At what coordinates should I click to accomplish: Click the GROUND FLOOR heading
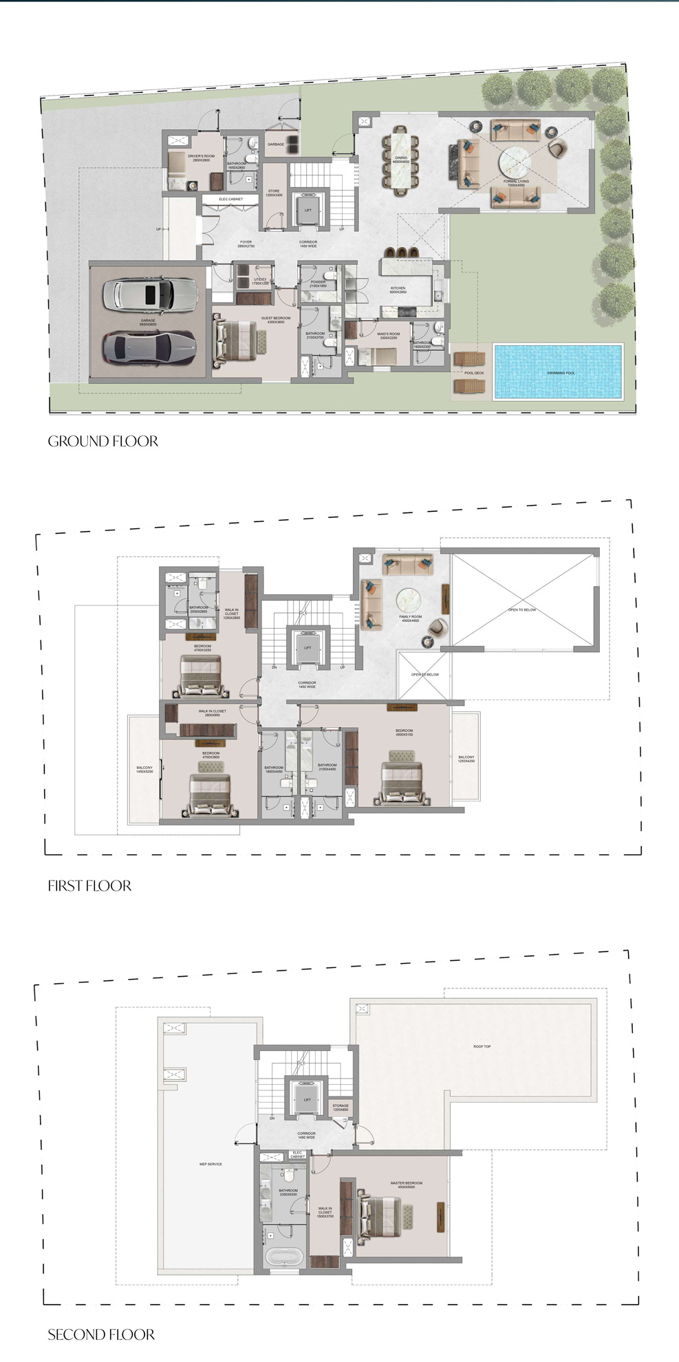pos(103,442)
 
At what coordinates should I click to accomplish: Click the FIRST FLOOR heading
pos(89,886)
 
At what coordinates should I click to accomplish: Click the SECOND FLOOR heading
pos(101,1335)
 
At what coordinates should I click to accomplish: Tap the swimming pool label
pos(561,373)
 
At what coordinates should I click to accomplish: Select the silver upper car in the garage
pos(150,294)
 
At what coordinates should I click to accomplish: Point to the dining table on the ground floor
pos(400,161)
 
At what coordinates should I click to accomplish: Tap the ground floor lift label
pos(308,210)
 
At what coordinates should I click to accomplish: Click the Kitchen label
pos(398,290)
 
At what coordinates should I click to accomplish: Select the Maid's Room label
pos(388,336)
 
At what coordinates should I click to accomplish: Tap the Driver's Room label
pos(201,158)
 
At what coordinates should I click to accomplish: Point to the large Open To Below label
pos(521,610)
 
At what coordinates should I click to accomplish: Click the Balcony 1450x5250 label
pos(144,769)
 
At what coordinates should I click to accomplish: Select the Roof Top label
pos(482,1046)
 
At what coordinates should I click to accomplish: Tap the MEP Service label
pos(211,1164)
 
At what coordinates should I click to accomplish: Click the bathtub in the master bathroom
pos(283,1257)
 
